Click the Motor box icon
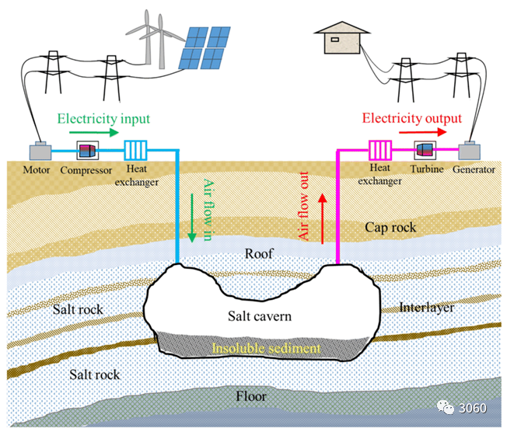(40, 152)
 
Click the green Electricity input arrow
(97, 133)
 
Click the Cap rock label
(390, 228)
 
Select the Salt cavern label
(260, 315)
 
